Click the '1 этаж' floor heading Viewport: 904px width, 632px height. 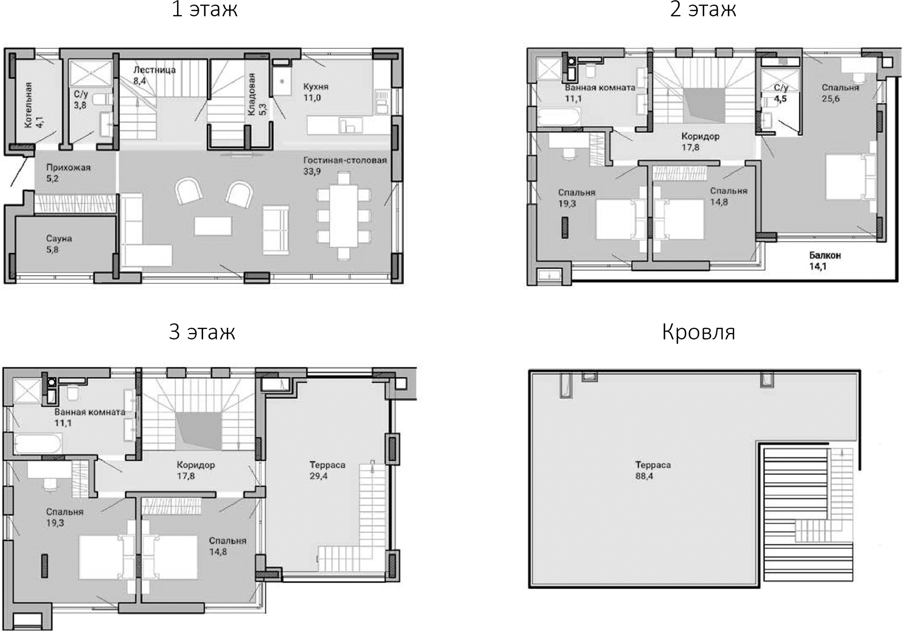coord(204,10)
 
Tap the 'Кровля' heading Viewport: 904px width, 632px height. coord(698,332)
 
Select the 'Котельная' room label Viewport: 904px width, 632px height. coord(29,105)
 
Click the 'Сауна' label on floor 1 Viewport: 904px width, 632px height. coord(59,238)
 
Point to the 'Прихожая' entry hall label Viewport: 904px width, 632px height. coord(68,167)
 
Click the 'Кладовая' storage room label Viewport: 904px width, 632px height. coord(252,94)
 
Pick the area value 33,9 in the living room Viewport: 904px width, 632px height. coord(312,171)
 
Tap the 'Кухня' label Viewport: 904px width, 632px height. coord(315,87)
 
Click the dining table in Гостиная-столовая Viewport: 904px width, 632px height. coord(343,215)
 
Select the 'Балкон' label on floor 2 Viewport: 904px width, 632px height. coord(825,255)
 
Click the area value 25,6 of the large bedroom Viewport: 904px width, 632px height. coord(830,99)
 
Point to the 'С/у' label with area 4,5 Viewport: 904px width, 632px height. coord(781,88)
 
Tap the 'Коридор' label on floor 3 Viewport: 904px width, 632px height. coord(195,465)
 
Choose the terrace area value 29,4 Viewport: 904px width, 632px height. coord(319,476)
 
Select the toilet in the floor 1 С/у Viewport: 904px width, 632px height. coord(100,99)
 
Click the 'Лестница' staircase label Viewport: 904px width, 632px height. coord(154,70)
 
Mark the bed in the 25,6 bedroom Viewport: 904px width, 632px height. coord(849,176)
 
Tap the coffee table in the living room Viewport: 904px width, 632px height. coord(213,226)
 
